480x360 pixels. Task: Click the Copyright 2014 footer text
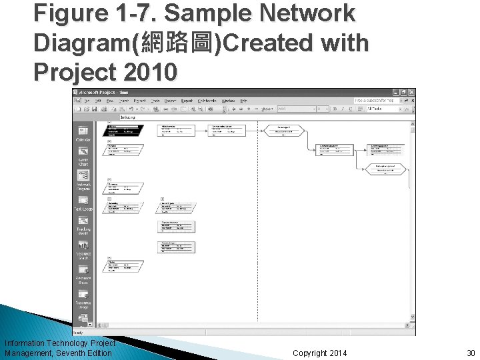tap(319, 352)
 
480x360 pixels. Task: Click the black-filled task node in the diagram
tap(124, 131)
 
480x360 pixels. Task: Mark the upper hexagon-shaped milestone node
tap(283, 130)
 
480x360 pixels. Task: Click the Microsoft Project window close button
tap(412, 92)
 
